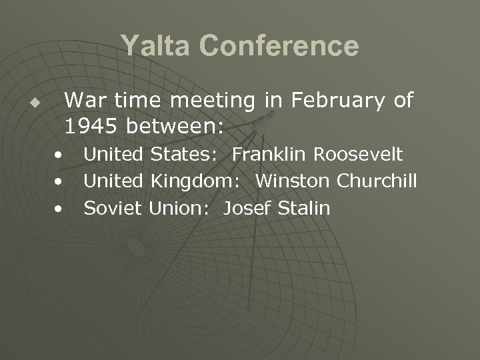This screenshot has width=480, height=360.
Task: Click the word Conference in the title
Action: tap(280, 47)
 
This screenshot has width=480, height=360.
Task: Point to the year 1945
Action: tap(91, 125)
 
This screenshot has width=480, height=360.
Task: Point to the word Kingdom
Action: tap(198, 181)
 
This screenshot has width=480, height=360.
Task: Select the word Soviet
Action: tap(113, 208)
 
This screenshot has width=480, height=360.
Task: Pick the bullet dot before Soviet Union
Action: tap(60, 209)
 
